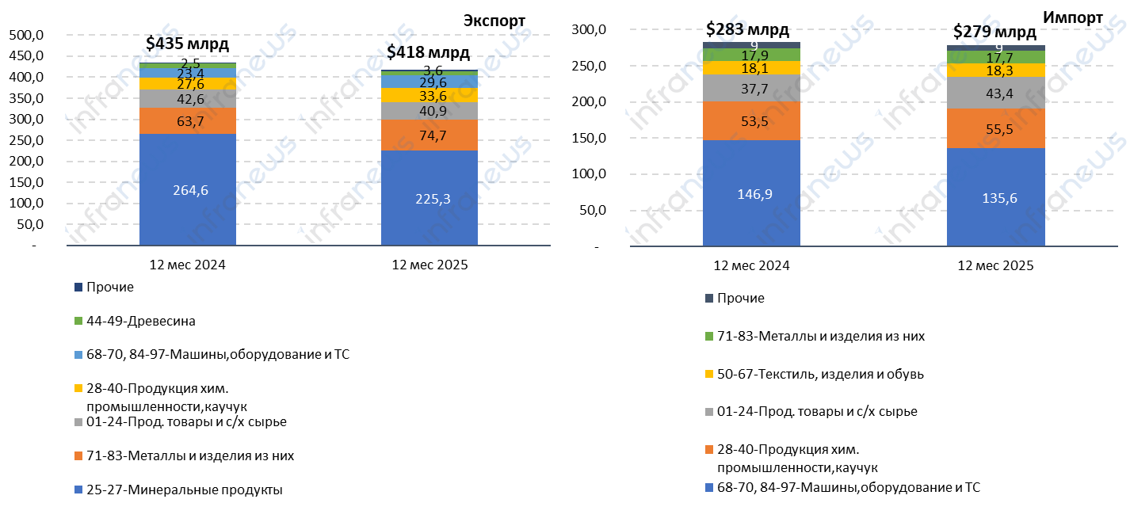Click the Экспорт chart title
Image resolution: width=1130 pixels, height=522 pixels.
pos(494,21)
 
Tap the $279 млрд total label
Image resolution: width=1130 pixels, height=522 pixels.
pos(994,32)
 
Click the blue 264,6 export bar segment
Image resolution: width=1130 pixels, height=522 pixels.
pos(187,189)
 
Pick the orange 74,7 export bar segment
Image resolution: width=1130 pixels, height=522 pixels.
pos(429,135)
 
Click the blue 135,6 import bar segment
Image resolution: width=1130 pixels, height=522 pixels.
pos(995,197)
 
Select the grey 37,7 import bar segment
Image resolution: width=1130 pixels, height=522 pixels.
pos(750,88)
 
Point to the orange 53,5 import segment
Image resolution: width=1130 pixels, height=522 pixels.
pos(750,120)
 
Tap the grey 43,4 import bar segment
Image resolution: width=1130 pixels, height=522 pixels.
pos(995,93)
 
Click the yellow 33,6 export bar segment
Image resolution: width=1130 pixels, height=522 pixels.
pos(429,96)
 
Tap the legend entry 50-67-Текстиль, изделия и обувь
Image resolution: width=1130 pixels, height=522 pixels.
pos(819,373)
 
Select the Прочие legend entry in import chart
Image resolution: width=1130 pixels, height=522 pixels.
pos(740,298)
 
